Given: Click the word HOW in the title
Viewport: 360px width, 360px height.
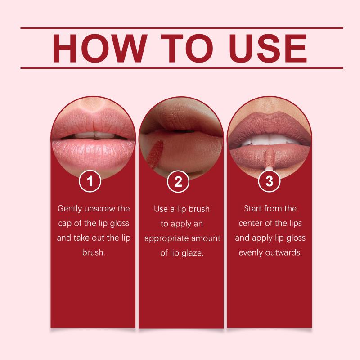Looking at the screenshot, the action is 100,48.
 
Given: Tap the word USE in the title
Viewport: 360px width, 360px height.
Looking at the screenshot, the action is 268,48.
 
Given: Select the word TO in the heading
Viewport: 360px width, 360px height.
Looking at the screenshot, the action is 187,48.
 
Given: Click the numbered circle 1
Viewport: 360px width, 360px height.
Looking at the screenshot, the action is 90,181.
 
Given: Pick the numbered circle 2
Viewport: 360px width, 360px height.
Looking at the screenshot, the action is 178,182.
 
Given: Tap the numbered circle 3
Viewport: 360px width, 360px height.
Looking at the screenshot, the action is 269,181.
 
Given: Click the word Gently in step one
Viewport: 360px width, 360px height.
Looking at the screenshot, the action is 70,209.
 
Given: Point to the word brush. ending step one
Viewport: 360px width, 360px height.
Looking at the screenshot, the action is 94,252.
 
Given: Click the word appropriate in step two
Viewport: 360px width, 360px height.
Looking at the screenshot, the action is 166,239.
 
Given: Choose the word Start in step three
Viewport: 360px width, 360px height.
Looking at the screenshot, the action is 253,209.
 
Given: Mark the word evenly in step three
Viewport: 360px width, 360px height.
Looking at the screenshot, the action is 251,253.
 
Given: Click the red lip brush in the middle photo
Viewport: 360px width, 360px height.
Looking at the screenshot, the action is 154,152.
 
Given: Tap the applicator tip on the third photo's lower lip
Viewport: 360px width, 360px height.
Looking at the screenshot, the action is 270,157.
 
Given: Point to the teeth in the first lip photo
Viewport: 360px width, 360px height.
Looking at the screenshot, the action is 94,135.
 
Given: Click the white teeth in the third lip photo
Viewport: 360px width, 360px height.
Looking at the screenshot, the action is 269,139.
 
